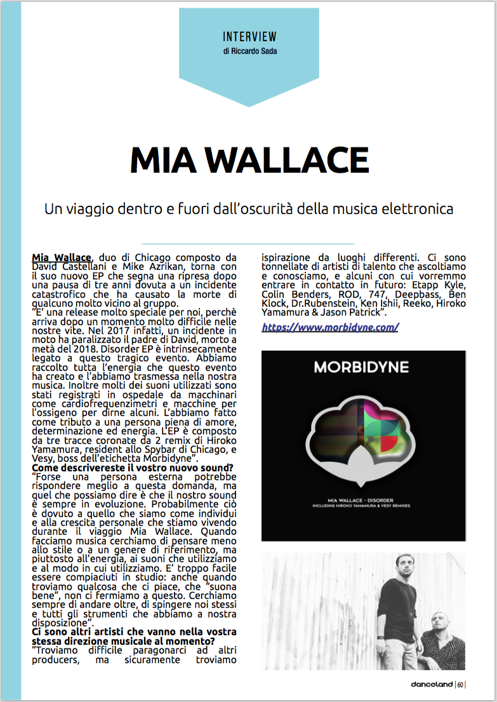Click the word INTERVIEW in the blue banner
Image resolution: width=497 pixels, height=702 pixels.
[249, 37]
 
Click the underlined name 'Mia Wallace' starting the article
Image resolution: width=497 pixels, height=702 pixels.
[62, 257]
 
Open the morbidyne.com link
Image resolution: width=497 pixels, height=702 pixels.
[330, 327]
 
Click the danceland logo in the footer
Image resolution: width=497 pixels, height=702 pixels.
[431, 684]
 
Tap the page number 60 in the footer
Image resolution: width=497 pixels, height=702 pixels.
[460, 684]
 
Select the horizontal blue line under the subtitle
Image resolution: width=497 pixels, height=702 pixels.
[248, 244]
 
